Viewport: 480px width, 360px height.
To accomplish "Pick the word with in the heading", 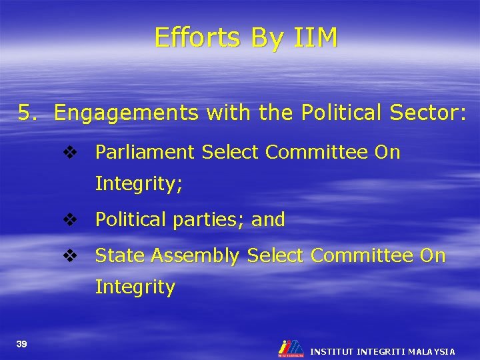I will (229, 113).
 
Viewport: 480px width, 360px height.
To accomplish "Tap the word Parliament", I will (145, 153).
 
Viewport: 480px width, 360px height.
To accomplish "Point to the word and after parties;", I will (268, 219).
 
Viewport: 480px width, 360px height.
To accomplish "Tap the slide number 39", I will (23, 343).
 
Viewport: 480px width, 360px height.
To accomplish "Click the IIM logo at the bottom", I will (291, 348).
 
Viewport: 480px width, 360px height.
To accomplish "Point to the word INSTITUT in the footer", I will (332, 351).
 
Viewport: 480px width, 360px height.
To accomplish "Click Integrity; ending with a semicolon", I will (139, 184).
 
